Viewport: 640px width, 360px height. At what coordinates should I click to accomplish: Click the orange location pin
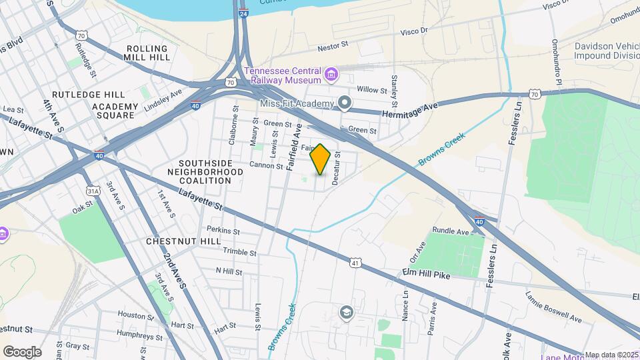click(321, 159)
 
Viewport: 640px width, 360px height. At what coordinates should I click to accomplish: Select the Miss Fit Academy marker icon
click(344, 103)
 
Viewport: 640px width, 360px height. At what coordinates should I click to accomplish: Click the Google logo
click(22, 351)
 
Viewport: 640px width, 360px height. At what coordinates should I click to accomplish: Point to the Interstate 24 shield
click(244, 13)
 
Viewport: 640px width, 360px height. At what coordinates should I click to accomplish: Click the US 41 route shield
click(355, 263)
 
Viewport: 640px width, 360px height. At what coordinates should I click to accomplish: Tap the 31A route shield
click(93, 191)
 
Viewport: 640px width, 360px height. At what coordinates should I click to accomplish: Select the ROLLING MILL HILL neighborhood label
click(147, 53)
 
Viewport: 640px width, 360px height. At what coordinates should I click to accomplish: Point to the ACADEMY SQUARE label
click(115, 111)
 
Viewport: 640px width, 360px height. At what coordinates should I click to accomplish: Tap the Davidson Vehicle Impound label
click(607, 51)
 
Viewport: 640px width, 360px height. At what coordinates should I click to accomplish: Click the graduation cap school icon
click(346, 312)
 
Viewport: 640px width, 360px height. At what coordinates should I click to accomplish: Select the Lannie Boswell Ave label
click(553, 307)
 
